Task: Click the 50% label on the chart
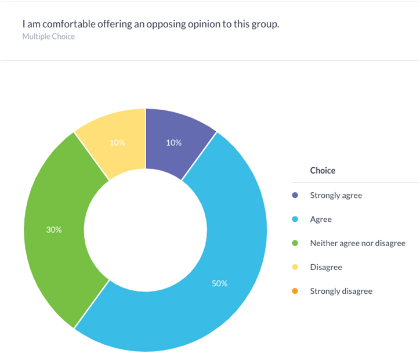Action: point(219,284)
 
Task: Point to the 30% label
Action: point(54,230)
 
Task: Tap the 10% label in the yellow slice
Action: point(117,143)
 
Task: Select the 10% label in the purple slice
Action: point(173,143)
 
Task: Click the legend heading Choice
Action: point(323,171)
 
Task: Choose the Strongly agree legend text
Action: point(336,196)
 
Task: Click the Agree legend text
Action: point(321,219)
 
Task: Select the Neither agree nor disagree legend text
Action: point(357,243)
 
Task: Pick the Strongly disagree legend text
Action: point(341,291)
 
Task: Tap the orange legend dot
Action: point(295,291)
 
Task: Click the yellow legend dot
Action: point(295,267)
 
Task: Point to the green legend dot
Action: point(295,243)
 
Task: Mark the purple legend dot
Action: point(295,196)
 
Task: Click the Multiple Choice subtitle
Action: point(49,37)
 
